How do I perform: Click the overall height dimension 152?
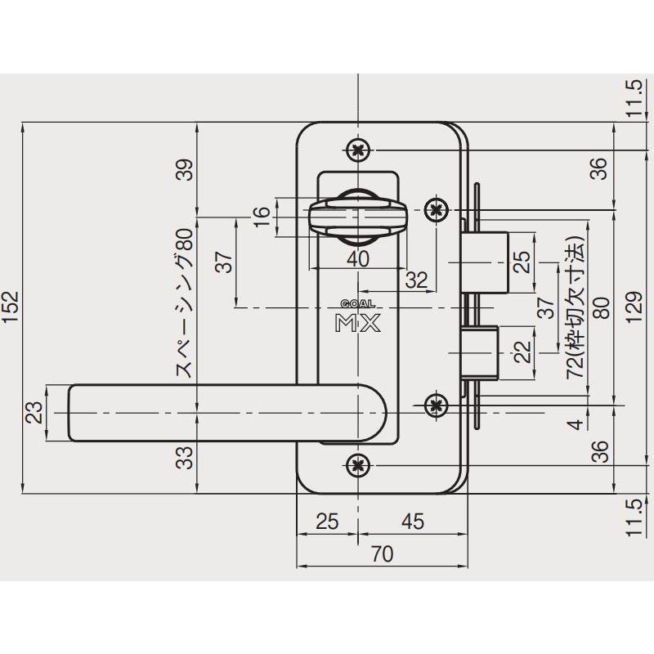11,307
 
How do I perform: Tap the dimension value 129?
634,307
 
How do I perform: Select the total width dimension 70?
382,554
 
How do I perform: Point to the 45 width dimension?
413,522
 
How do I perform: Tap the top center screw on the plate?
358,150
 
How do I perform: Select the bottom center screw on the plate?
358,464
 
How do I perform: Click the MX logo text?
358,322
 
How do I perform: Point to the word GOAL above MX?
358,304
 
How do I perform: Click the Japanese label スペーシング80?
185,303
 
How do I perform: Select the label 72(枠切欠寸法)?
576,308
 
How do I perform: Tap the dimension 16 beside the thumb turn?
262,217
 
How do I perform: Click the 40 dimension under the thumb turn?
358,259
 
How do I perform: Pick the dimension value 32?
416,280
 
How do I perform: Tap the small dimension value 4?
576,424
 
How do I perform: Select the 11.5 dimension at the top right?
634,97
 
